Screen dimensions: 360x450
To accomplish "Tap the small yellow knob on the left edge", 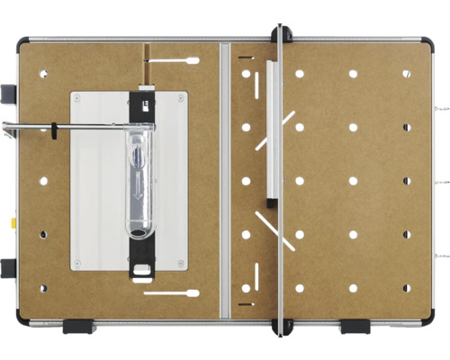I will [13, 220].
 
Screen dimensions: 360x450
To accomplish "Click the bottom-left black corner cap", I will [22, 319].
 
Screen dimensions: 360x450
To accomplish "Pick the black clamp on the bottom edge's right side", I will [355, 326].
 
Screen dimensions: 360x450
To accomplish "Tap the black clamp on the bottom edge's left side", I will [79, 326].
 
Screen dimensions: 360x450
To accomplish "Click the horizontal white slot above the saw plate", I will [170, 60].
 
